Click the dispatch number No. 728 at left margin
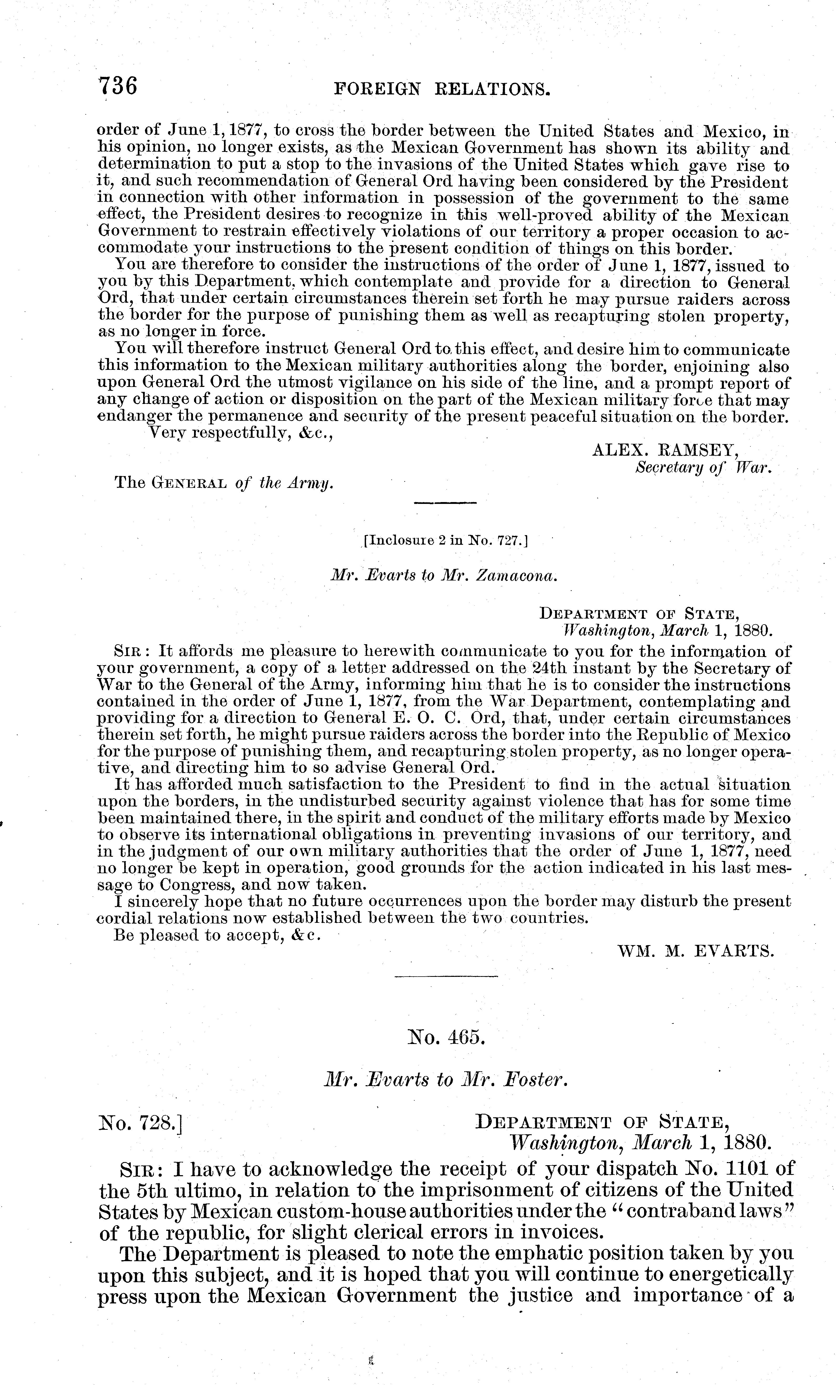point(141,1124)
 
